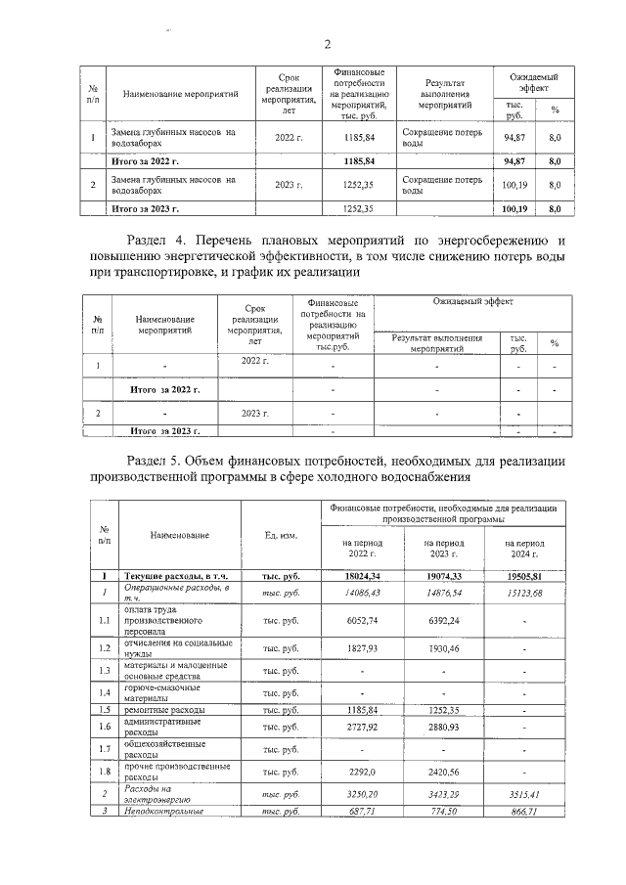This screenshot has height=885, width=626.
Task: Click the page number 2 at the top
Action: click(328, 44)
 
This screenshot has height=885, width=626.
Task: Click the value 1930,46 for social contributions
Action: click(442, 647)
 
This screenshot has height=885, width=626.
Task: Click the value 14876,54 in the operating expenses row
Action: click(442, 592)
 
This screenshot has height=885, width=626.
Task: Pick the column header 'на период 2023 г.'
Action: click(442, 548)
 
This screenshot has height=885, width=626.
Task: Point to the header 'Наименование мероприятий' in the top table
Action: click(181, 94)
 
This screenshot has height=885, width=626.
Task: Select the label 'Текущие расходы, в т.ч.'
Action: click(172, 577)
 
